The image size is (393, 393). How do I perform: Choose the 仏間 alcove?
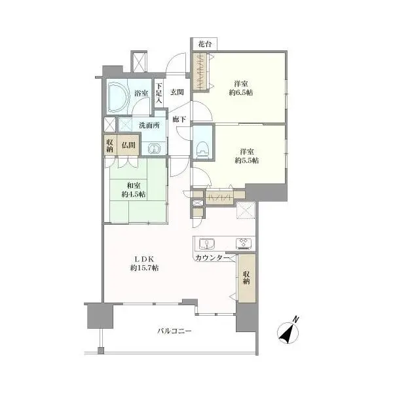pos(128,145)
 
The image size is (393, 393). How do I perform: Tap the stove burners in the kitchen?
pos(244,244)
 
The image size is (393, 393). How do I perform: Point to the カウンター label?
pos(212,258)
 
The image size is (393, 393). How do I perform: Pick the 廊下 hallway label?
pos(179,119)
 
